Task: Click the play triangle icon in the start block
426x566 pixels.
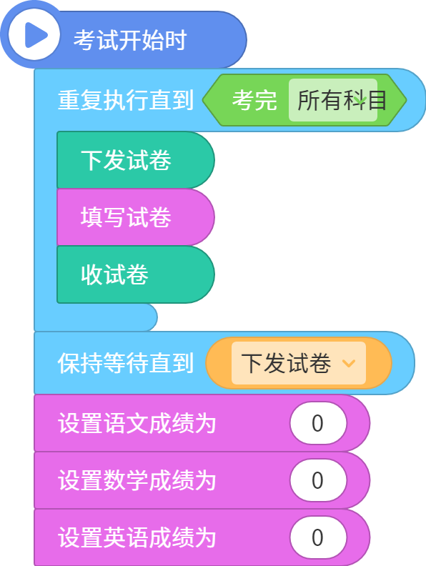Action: pos(35,36)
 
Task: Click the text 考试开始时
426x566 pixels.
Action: pos(130,40)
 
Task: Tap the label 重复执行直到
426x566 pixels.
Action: pos(126,100)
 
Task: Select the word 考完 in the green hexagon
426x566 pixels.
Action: pos(254,100)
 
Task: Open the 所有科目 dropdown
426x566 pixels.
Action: pos(333,100)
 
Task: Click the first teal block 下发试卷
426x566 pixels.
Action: pos(136,160)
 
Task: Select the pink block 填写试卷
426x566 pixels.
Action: pos(136,217)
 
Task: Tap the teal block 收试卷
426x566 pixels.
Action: pos(136,274)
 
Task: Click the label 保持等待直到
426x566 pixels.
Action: pos(126,363)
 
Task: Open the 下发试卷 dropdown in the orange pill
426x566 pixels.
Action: pos(299,363)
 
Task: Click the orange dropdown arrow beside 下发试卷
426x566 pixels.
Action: pos(349,363)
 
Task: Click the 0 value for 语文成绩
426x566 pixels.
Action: pos(318,423)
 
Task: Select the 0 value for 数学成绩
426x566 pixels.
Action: pos(318,480)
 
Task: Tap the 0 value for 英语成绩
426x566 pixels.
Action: pos(318,537)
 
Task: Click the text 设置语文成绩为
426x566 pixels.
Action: pos(137,423)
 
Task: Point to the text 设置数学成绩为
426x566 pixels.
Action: pos(137,480)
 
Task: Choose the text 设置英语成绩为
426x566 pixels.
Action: pos(137,537)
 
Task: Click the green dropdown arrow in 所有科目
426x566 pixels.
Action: pos(361,99)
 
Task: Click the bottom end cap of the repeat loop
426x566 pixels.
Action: pos(96,317)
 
